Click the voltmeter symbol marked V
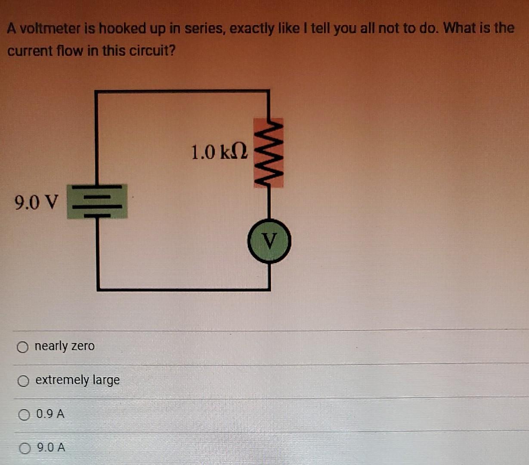pos(269,241)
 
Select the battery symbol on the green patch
pos(97,201)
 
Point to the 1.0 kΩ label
pos(219,152)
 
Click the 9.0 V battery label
pos(36,202)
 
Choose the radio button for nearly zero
pos(23,347)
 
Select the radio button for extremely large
pos(24,381)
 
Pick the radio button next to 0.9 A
pos(25,415)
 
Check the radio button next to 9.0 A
pos(25,448)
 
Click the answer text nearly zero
pos(65,346)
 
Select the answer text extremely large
pos(77,380)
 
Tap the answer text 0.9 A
pos(51,414)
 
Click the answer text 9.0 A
pos(51,448)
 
